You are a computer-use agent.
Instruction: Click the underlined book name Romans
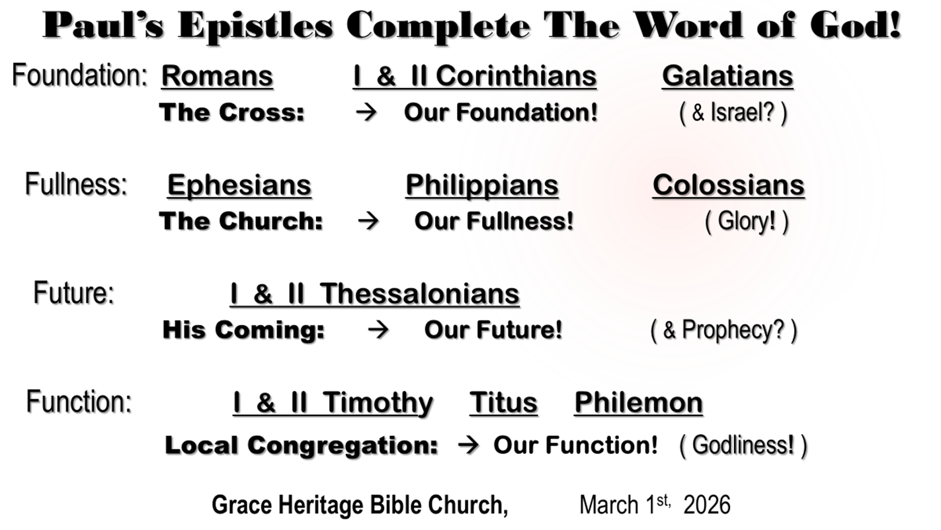217,76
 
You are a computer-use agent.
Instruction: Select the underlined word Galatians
727,76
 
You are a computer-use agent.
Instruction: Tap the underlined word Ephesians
239,185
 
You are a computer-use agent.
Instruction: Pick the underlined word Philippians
482,185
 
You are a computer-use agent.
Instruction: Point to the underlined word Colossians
729,185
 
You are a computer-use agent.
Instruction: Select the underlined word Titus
503,403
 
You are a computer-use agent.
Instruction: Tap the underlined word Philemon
639,403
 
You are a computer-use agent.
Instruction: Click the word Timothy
378,404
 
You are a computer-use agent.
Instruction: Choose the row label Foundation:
79,75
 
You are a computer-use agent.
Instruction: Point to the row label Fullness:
76,184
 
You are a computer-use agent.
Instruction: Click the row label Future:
74,292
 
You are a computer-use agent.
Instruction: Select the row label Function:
79,402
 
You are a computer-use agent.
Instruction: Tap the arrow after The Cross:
366,112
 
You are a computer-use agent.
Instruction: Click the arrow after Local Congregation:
468,445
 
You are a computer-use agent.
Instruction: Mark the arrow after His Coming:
378,330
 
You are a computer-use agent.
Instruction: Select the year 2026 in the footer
707,505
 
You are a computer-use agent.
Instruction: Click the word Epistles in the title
255,26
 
